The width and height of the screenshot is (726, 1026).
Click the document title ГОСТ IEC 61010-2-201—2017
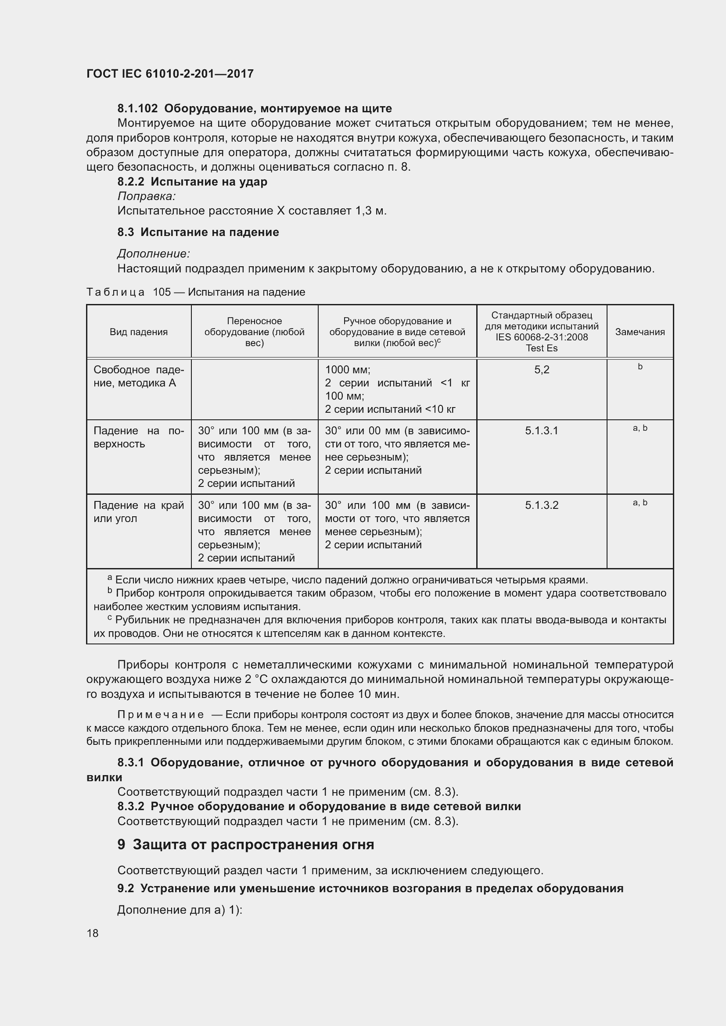[x=170, y=74]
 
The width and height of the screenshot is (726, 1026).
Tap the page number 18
[x=93, y=933]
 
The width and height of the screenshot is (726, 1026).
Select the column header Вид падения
[x=139, y=332]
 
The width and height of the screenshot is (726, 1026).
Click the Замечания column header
[x=640, y=332]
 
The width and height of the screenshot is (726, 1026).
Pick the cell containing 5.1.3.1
[x=541, y=431]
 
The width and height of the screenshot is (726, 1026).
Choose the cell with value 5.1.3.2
[x=541, y=505]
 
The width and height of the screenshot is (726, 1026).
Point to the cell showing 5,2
[x=541, y=369]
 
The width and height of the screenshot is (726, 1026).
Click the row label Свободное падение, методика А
[x=139, y=376]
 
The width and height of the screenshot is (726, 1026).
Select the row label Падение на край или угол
[x=139, y=511]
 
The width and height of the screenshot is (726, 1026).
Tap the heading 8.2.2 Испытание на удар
[x=192, y=182]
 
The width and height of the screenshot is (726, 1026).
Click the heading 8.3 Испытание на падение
[x=198, y=232]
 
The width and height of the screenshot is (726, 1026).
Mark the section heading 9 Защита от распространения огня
[x=245, y=844]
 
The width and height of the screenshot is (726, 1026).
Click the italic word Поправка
[x=146, y=196]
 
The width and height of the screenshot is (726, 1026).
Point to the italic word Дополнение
[x=153, y=254]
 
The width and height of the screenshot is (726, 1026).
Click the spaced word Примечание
[x=161, y=715]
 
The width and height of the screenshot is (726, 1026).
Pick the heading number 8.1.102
[x=137, y=109]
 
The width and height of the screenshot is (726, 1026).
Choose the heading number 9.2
[x=126, y=888]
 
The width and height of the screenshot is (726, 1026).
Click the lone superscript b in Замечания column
[x=640, y=367]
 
